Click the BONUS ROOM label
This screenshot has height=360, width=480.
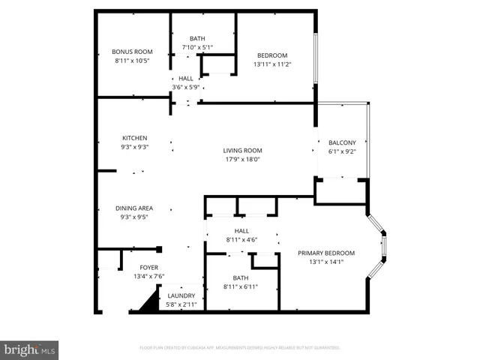[132, 52]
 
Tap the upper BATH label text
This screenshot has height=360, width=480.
[196, 39]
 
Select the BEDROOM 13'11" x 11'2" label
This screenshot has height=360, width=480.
[272, 55]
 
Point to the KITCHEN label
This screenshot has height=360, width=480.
[135, 138]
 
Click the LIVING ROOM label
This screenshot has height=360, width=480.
[242, 151]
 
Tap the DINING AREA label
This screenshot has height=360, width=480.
[134, 208]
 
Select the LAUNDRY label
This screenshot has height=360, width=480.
[181, 295]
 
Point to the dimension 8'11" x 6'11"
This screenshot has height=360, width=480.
[239, 287]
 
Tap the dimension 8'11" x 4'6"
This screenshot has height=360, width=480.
[241, 240]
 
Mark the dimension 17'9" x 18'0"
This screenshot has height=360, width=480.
[242, 159]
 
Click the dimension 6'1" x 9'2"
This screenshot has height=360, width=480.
[341, 151]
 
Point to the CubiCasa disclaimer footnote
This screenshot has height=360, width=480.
[240, 348]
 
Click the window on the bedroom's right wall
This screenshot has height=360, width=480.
[316, 57]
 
